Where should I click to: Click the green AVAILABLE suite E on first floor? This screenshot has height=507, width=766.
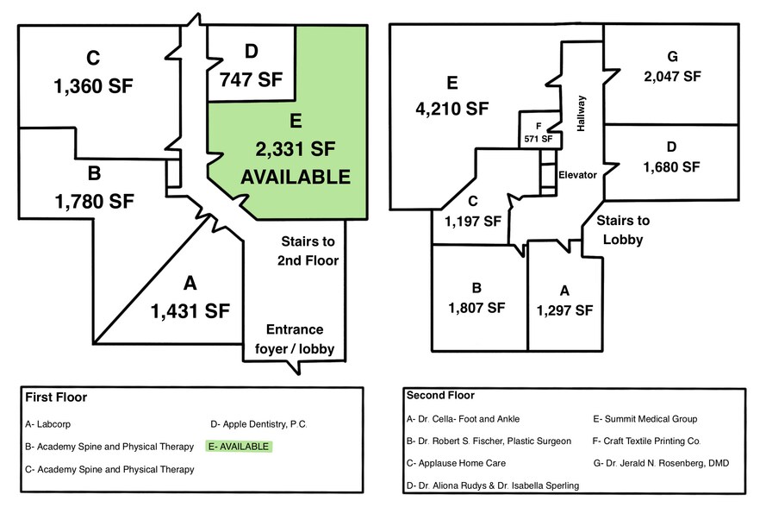click(x=296, y=155)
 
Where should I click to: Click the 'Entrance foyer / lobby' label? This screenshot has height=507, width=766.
click(x=295, y=340)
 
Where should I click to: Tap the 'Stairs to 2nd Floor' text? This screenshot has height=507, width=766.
click(x=308, y=250)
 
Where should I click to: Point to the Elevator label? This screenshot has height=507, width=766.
click(x=577, y=174)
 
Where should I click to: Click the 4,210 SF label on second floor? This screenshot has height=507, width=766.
click(x=451, y=109)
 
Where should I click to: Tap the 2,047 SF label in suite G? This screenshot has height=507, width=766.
click(x=672, y=76)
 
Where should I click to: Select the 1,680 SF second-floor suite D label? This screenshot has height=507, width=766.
click(x=671, y=166)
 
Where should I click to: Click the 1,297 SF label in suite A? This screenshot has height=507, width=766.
click(x=565, y=310)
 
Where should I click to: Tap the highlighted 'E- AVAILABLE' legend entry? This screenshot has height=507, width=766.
click(x=239, y=447)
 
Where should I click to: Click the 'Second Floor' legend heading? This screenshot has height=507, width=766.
click(x=440, y=397)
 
